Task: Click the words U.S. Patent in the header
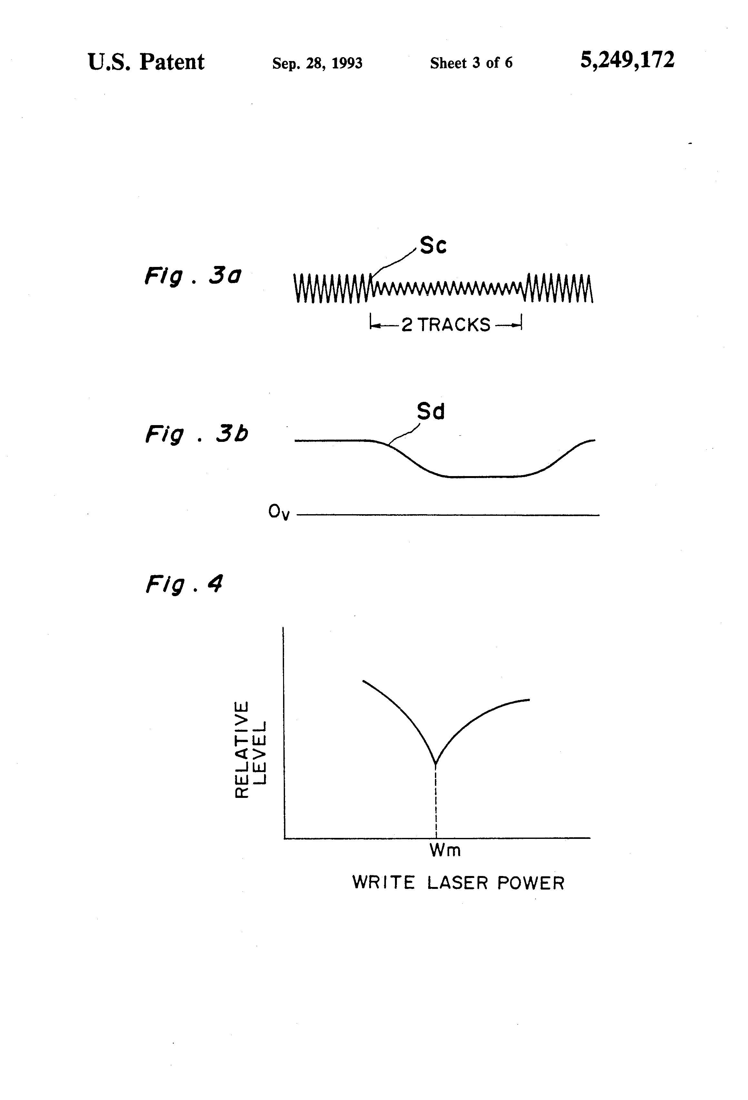[146, 62]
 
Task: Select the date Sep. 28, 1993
[317, 63]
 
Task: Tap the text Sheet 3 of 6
[471, 63]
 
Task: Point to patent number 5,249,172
[627, 60]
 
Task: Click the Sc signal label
[433, 245]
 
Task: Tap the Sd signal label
[431, 411]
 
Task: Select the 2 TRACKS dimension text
[446, 325]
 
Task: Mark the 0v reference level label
[279, 512]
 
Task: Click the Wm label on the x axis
[445, 850]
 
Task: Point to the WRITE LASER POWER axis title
[458, 883]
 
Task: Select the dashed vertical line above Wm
[436, 800]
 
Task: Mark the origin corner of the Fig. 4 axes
[284, 838]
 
